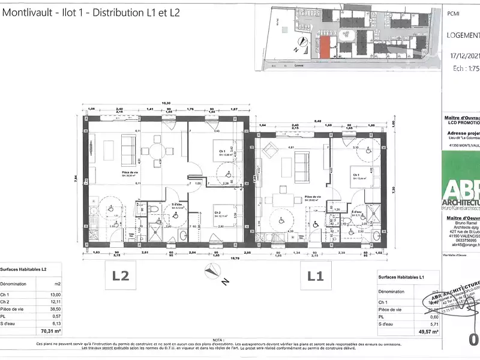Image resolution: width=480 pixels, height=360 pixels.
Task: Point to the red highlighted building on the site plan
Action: [324, 47]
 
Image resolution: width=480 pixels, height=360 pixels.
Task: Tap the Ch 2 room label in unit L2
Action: [220, 214]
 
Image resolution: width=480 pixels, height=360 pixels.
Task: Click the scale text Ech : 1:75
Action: [465, 68]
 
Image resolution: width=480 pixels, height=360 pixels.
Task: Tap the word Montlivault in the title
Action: [29, 13]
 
